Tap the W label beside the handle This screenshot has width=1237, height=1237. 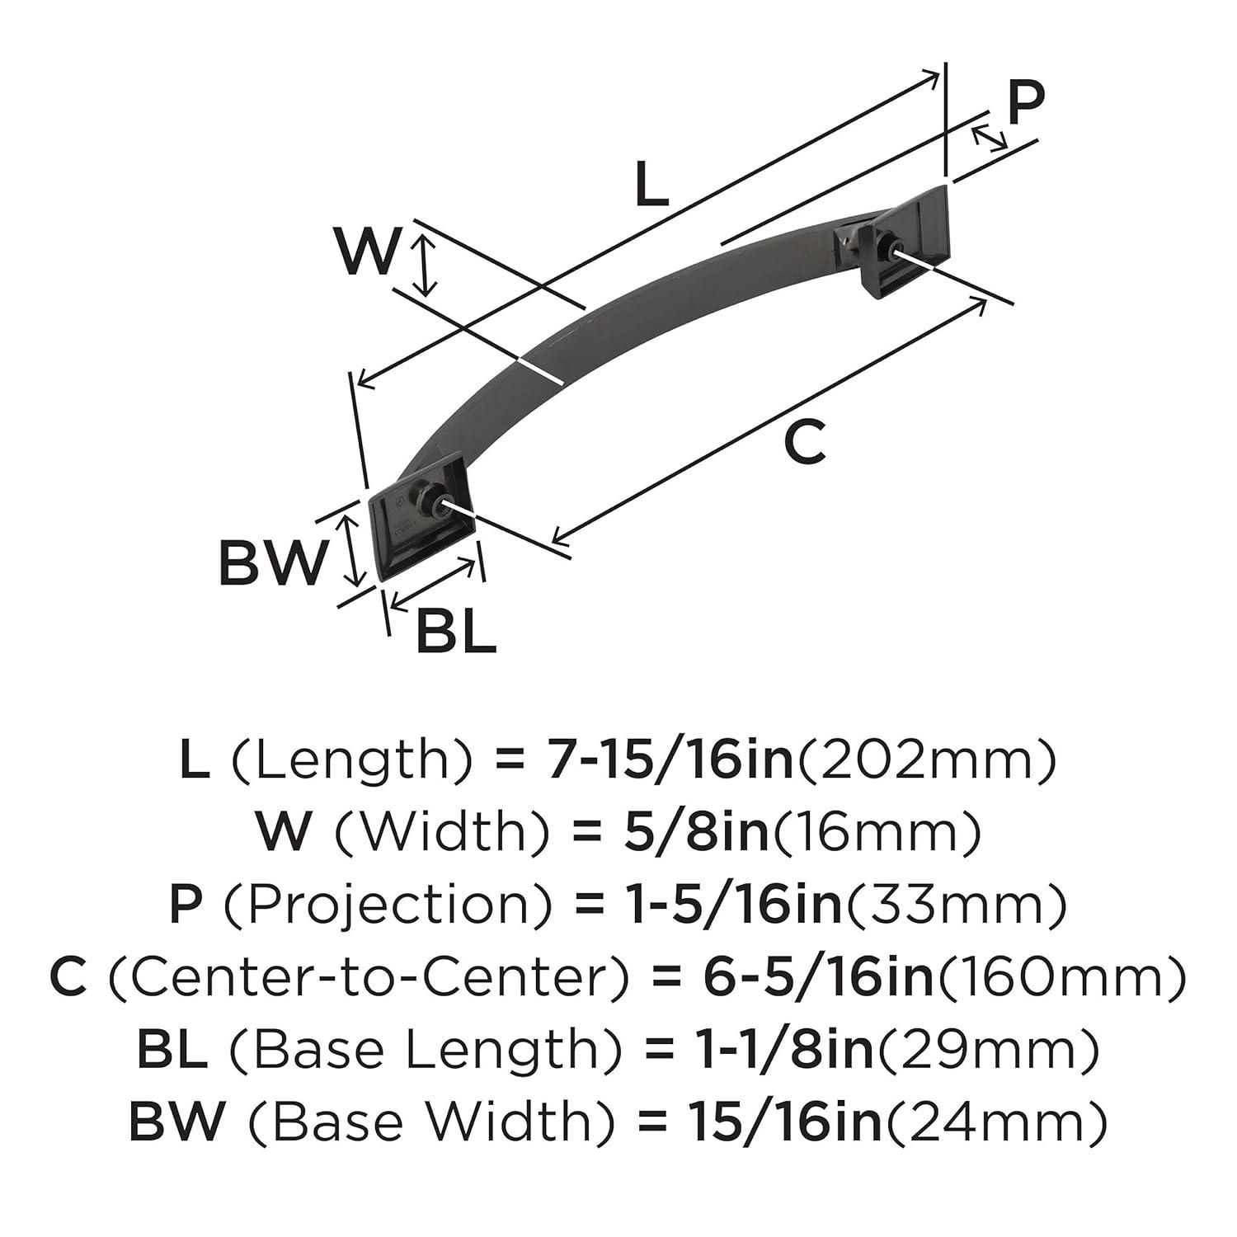(x=368, y=252)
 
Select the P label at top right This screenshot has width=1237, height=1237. (x=1026, y=103)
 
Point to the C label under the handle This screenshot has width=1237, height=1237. (x=804, y=441)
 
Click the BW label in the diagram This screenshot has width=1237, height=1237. (x=272, y=564)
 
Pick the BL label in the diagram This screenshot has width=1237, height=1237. (x=456, y=632)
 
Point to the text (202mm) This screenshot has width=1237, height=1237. (x=924, y=760)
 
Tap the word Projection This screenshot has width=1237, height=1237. (x=388, y=905)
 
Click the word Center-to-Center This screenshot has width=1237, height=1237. (x=369, y=977)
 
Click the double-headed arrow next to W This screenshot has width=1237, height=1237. (x=425, y=265)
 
